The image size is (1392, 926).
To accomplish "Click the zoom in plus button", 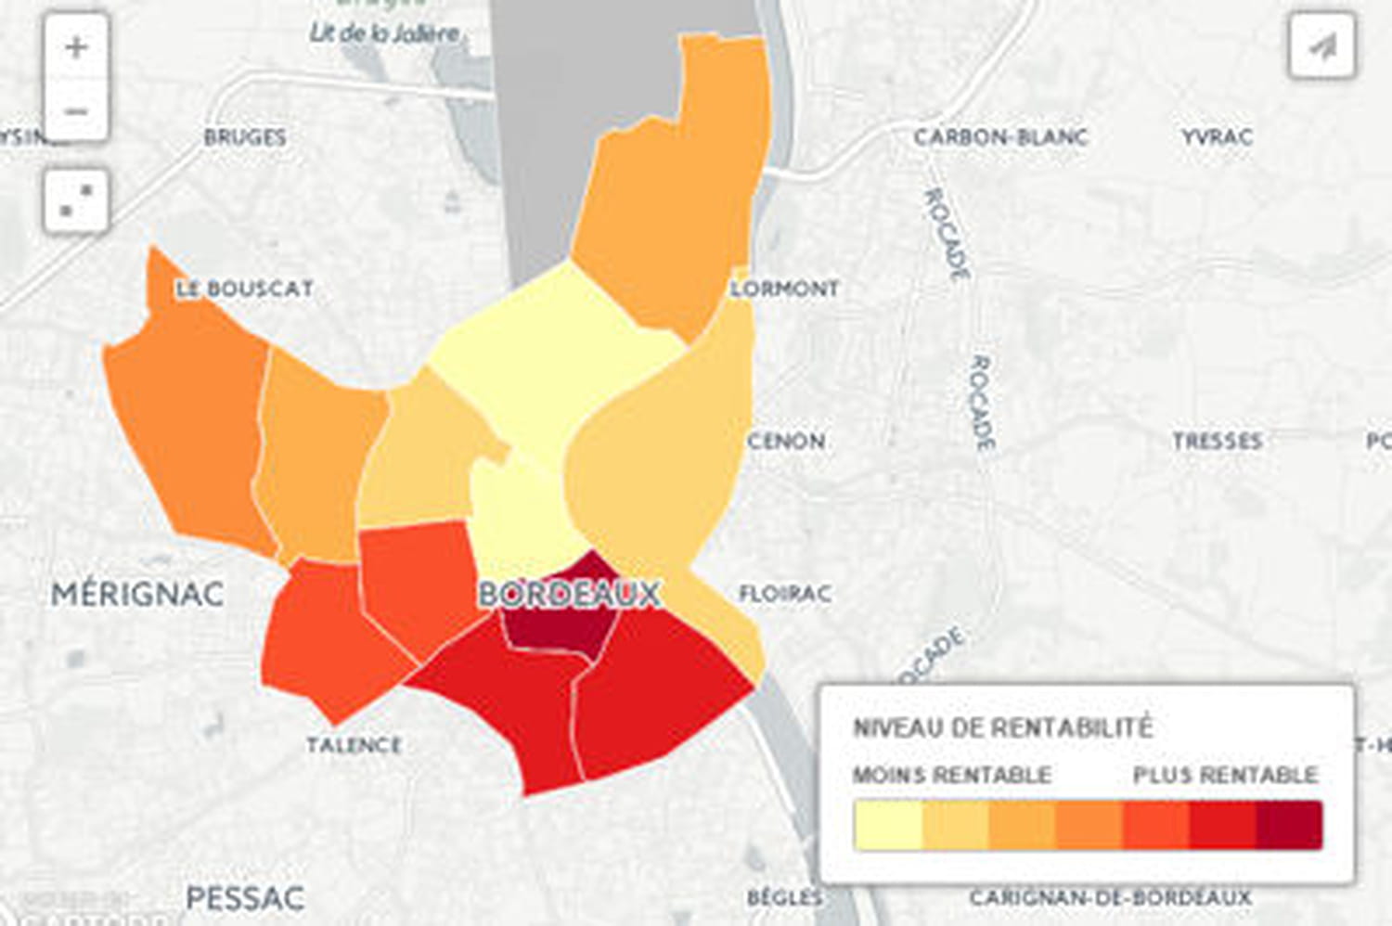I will (76, 47).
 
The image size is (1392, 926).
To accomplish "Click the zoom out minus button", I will (76, 111).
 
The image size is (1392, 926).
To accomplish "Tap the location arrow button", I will (1321, 45).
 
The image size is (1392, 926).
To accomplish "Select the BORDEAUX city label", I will (569, 594).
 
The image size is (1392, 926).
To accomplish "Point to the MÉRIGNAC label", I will (137, 594).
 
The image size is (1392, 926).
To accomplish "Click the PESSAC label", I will (245, 898).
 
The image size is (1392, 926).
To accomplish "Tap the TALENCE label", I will (354, 745).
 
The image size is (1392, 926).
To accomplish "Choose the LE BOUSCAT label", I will (245, 289).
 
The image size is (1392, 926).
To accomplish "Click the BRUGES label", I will (245, 137).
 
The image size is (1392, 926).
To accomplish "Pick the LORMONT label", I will (785, 289).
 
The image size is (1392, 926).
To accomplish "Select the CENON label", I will (786, 441).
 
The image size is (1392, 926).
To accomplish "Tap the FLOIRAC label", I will (785, 593).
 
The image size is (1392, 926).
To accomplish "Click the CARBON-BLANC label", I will (1000, 137).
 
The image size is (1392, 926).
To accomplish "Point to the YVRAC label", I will (1217, 137).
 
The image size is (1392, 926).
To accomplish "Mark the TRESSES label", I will (1217, 441).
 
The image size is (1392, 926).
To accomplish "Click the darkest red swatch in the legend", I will (1289, 825).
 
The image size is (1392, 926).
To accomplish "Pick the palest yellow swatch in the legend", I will (888, 825).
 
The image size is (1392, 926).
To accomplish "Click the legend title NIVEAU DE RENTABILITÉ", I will (1002, 727).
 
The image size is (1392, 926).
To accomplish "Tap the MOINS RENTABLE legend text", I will (952, 775).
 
